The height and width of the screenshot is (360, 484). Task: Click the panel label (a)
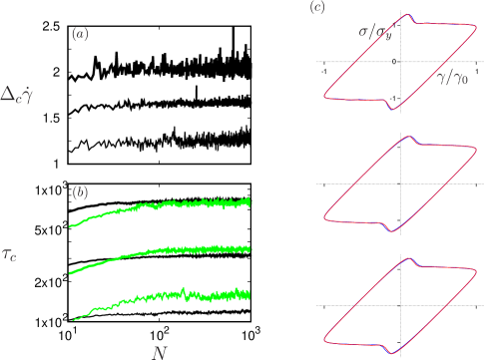click(81, 35)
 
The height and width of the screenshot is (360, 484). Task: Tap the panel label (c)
click(317, 9)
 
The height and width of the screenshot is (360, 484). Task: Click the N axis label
click(159, 351)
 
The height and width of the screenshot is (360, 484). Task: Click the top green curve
click(160, 206)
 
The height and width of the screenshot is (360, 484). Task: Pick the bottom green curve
click(160, 297)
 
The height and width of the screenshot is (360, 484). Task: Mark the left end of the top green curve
click(70, 226)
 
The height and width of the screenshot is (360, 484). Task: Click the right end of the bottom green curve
click(248, 294)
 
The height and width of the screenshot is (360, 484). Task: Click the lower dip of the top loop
click(391, 109)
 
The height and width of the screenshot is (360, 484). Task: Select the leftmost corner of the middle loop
click(325, 218)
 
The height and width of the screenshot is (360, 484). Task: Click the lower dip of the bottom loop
click(389, 353)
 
